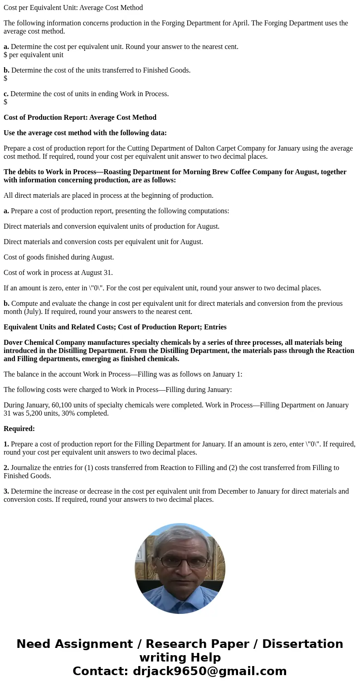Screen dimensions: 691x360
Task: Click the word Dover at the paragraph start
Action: click(13, 343)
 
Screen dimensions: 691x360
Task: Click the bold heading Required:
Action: click(19, 429)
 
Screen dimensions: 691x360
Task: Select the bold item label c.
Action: click(6, 94)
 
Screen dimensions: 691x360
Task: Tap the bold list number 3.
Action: click(6, 491)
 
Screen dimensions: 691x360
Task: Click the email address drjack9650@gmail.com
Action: click(209, 671)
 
